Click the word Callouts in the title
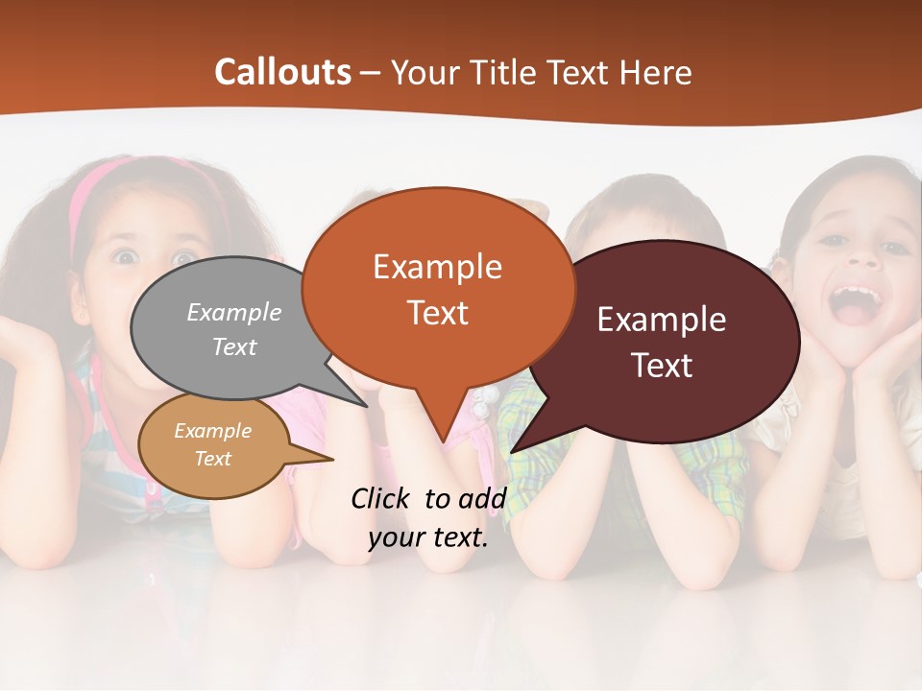(282, 72)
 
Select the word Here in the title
(655, 72)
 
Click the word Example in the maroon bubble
(661, 320)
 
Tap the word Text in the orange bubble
(438, 313)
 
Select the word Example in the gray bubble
(234, 312)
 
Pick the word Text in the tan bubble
(213, 459)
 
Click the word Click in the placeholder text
(380, 498)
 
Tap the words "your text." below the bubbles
(428, 538)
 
